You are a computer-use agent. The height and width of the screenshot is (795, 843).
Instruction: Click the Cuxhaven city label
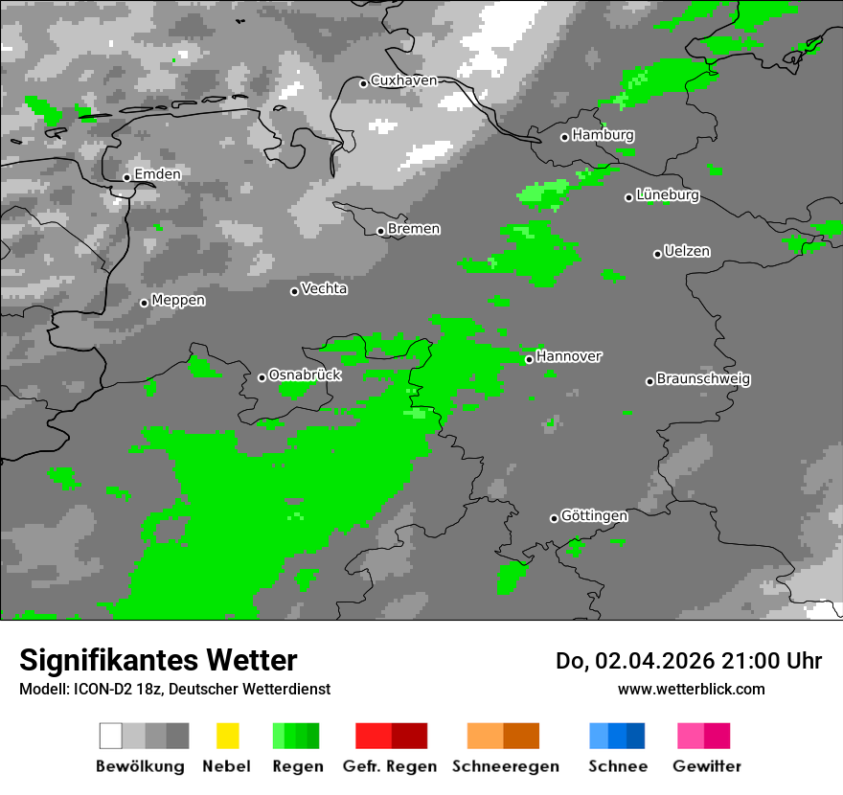(x=403, y=80)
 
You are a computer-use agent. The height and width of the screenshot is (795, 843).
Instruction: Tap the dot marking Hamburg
(x=564, y=137)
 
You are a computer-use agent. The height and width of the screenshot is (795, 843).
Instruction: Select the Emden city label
(x=157, y=174)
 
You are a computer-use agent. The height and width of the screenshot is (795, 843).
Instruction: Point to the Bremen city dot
(x=380, y=231)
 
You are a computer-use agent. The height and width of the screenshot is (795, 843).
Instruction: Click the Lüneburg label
(x=668, y=195)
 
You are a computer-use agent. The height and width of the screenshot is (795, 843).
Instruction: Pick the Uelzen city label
(x=687, y=252)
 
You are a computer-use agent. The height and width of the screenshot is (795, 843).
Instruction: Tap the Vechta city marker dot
(x=294, y=291)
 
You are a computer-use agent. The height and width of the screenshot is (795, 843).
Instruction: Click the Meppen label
(x=178, y=301)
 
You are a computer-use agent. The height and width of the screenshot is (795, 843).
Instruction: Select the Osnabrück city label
(x=305, y=375)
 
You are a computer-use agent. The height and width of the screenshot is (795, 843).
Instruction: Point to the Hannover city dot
(x=529, y=359)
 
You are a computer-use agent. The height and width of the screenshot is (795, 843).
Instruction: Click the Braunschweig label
(x=703, y=379)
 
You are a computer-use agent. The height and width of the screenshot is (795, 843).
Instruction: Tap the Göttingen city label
(x=594, y=516)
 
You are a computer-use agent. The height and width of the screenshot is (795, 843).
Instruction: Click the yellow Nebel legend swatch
(x=227, y=736)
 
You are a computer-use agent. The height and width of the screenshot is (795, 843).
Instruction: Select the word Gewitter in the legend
(x=707, y=766)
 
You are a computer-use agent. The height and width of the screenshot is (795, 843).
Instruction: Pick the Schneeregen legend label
(x=505, y=766)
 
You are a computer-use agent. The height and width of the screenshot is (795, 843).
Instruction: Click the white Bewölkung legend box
(x=110, y=736)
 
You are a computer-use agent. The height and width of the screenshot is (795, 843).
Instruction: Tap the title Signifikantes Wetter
(x=158, y=660)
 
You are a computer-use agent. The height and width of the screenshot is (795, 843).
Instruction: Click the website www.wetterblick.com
(x=691, y=689)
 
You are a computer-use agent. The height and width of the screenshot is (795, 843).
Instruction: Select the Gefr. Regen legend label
(x=389, y=766)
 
